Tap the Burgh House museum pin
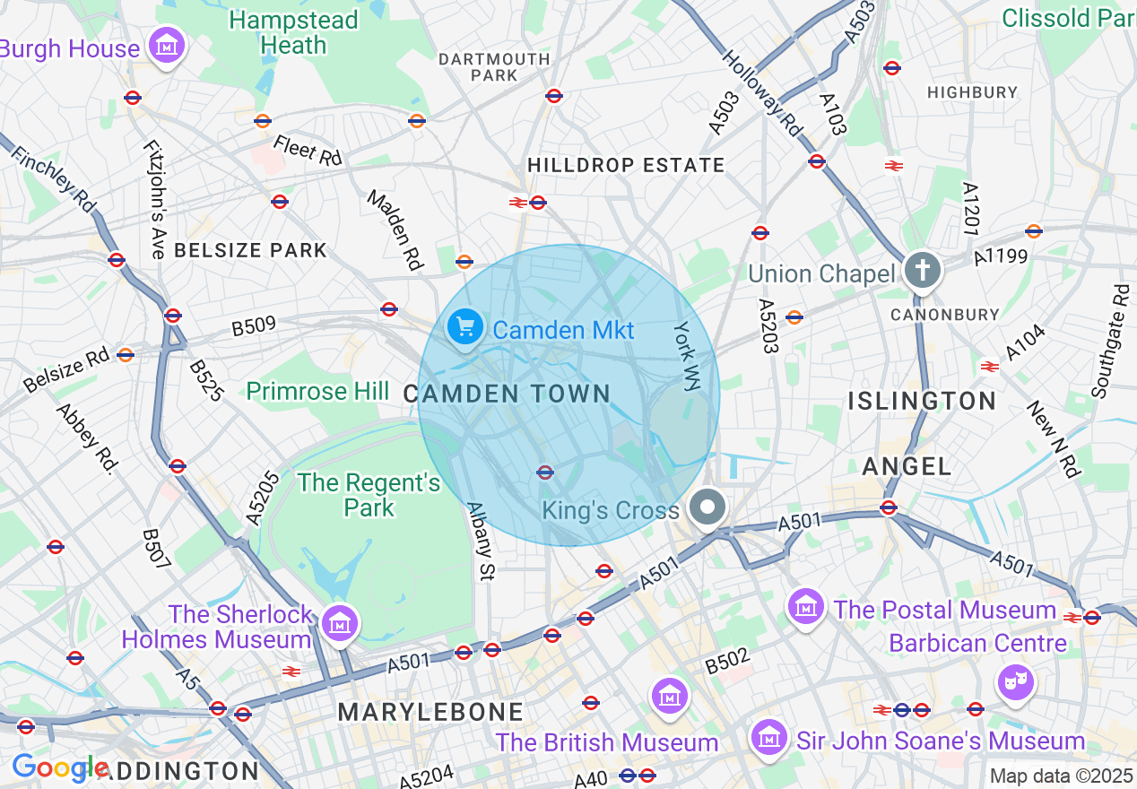click(x=166, y=45)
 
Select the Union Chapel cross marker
click(x=923, y=270)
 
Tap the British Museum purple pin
click(x=670, y=696)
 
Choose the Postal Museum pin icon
click(x=805, y=607)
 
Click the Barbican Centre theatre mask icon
click(x=1014, y=682)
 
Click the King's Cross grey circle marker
click(x=708, y=507)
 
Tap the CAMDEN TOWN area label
click(x=507, y=394)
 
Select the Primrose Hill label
click(x=317, y=391)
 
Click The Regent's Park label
click(x=369, y=495)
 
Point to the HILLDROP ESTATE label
click(x=626, y=165)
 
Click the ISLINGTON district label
click(x=922, y=401)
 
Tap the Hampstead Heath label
click(x=293, y=32)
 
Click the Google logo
click(x=59, y=767)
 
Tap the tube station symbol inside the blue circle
click(x=544, y=473)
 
